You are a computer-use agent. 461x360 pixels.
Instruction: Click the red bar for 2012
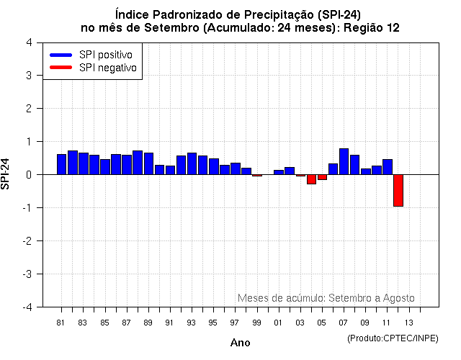[398, 190]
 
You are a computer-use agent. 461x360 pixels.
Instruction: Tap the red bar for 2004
[311, 179]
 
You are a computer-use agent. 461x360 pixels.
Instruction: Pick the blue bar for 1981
[62, 164]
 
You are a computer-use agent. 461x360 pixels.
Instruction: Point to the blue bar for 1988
[138, 162]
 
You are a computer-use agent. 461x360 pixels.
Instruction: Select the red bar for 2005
[322, 177]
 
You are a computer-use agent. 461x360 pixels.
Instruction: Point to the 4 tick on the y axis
[28, 42]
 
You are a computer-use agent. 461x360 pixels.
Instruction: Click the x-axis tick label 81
[61, 322]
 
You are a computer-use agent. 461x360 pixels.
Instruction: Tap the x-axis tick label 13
[408, 322]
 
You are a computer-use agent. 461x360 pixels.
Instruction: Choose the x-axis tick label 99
[256, 322]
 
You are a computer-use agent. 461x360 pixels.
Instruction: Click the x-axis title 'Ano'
[240, 343]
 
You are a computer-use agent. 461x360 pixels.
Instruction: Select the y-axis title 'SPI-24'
[6, 174]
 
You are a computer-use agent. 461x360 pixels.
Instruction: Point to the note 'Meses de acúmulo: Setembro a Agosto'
[326, 297]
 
